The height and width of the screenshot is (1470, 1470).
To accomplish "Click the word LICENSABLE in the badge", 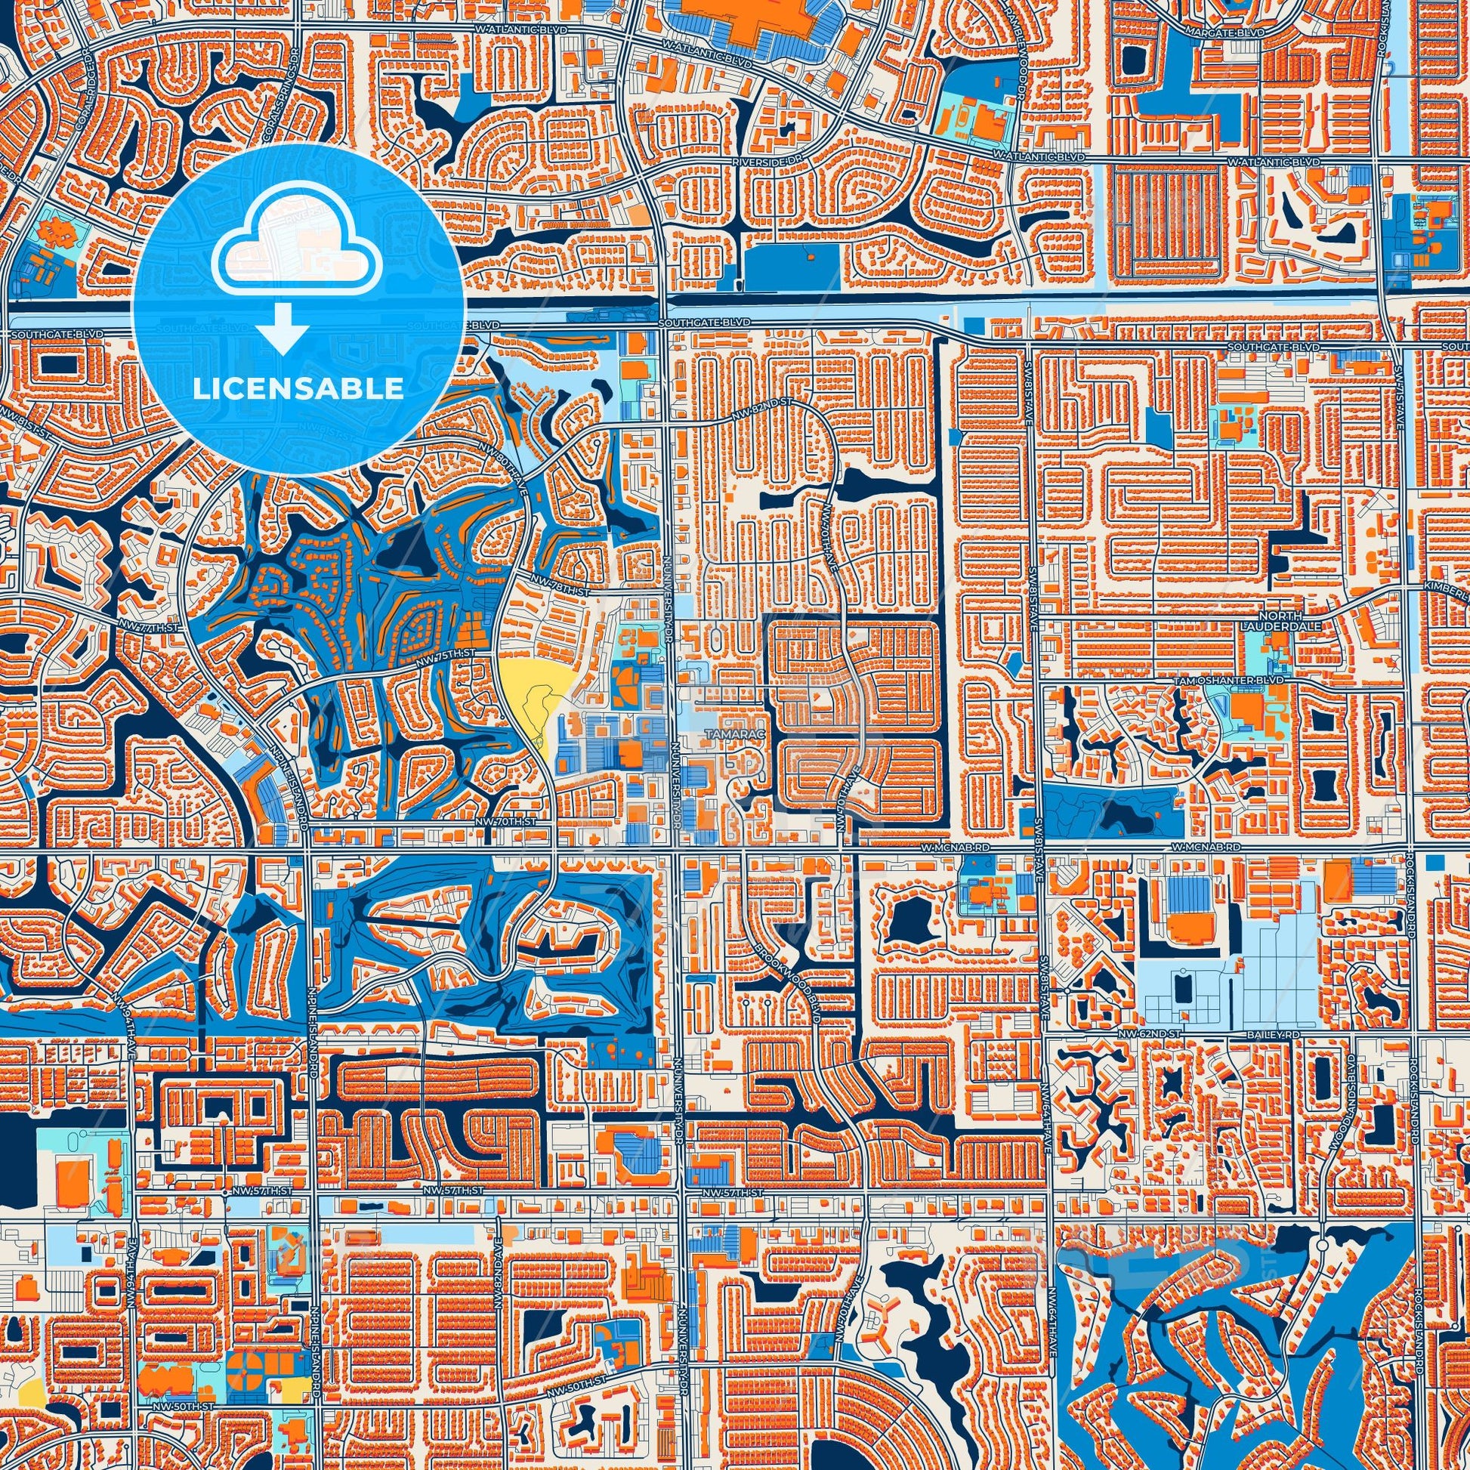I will point(298,389).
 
